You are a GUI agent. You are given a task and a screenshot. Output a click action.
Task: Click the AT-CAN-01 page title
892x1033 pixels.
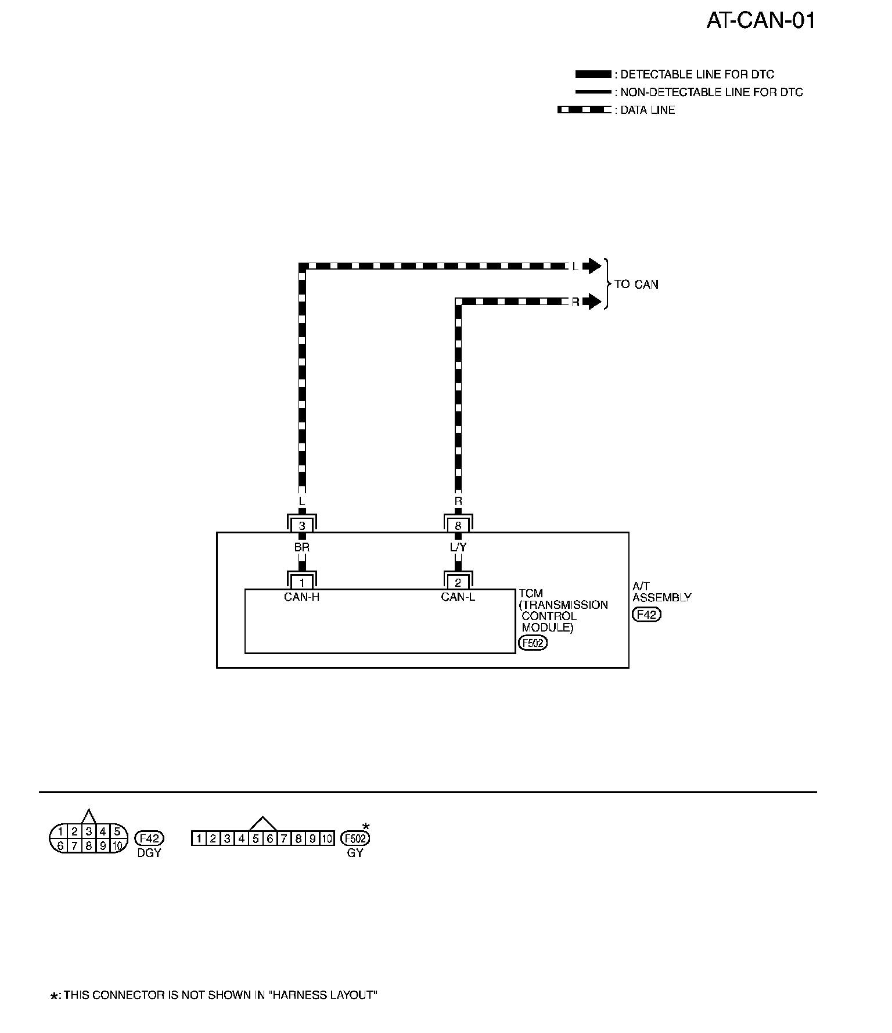[x=761, y=21]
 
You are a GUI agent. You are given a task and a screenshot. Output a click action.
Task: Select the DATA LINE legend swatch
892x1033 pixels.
[x=584, y=110]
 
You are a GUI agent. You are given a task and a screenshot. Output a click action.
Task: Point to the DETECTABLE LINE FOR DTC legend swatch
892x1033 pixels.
[x=592, y=74]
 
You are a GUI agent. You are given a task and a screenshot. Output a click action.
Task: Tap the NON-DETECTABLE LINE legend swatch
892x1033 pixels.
[x=592, y=92]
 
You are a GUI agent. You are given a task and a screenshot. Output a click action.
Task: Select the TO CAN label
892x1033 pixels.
[x=636, y=285]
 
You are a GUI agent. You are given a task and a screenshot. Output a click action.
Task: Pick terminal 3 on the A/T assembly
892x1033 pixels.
[x=302, y=526]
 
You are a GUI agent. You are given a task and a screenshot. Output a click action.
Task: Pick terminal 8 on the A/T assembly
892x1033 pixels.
[x=458, y=526]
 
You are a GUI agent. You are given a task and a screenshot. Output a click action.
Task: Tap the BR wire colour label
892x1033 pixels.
[x=302, y=547]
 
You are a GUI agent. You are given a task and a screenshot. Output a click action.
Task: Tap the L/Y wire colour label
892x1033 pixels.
[x=458, y=547]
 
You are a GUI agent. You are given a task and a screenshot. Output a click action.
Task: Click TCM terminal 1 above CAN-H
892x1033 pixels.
[x=302, y=583]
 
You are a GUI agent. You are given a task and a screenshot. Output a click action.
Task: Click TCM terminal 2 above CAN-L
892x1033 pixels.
[x=458, y=583]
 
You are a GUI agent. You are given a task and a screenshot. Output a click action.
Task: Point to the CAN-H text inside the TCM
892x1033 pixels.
[x=302, y=597]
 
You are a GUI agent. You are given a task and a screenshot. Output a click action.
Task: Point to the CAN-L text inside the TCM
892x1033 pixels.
[x=458, y=597]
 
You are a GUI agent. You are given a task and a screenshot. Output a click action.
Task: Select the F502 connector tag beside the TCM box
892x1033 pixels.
[x=533, y=643]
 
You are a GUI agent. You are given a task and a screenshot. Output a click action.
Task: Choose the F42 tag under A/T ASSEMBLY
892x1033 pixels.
[x=646, y=615]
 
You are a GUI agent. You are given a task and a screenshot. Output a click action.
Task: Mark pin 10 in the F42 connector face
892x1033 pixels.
[x=117, y=846]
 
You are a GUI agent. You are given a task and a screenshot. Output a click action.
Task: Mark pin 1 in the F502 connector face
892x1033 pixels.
[x=199, y=838]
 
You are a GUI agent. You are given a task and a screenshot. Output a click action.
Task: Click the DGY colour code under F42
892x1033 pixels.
[x=149, y=853]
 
